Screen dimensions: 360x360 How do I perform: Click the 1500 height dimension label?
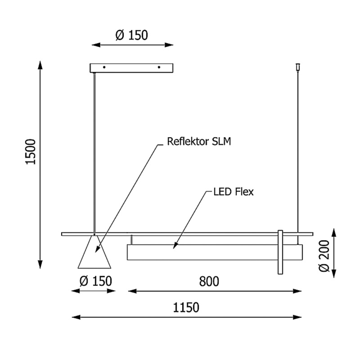pos(30,152)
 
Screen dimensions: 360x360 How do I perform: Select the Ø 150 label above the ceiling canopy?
pos(131,35)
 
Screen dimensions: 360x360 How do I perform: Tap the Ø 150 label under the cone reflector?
pos(96,281)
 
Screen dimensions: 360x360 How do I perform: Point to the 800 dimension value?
pos(209,282)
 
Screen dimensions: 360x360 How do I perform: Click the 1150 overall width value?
pos(186,308)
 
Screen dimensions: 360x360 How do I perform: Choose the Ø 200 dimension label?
pos(324,256)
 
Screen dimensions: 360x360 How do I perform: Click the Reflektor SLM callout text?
pos(199,141)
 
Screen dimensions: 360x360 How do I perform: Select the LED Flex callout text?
pos(234,192)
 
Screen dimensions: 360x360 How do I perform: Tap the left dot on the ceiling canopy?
pos(104,67)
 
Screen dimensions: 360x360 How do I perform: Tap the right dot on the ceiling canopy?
pos(159,67)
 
